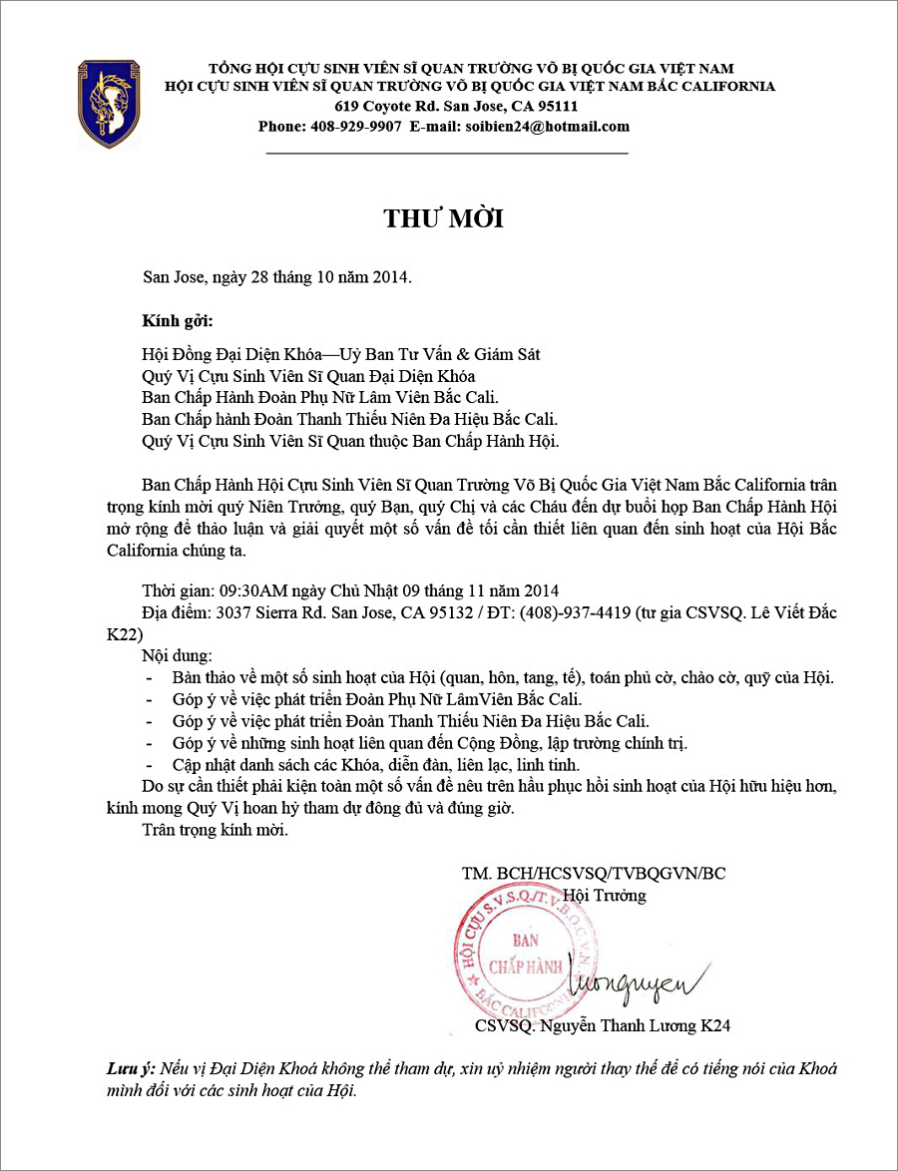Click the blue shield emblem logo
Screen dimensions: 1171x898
pyautogui.click(x=109, y=103)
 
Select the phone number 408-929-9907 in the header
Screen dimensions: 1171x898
pyautogui.click(x=356, y=127)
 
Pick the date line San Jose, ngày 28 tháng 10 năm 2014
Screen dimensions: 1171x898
pyautogui.click(x=277, y=276)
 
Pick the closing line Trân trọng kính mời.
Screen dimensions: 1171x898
pyautogui.click(x=216, y=830)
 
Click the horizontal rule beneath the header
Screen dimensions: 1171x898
pyautogui.click(x=447, y=154)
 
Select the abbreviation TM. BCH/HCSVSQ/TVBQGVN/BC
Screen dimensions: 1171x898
pyautogui.click(x=594, y=874)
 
